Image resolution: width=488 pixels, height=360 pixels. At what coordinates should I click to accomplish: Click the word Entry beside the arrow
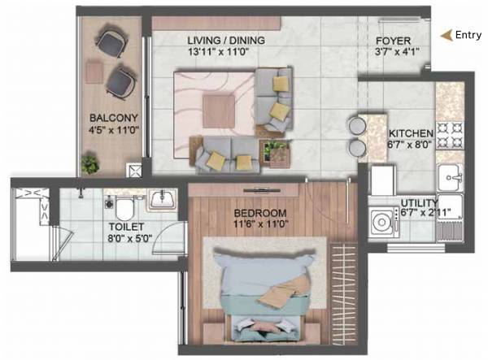point(468,35)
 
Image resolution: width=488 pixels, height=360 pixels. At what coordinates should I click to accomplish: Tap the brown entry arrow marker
point(445,35)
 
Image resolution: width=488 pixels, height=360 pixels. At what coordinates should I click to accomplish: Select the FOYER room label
point(393,42)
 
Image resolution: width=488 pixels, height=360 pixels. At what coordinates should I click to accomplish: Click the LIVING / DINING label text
point(224,41)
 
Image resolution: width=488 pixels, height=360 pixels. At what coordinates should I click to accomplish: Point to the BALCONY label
point(107,115)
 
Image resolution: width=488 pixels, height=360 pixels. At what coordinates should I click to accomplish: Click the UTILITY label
point(420,203)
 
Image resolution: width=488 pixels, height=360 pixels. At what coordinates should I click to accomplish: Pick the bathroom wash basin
point(163,199)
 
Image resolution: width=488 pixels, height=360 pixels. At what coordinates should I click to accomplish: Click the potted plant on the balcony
point(89,164)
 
